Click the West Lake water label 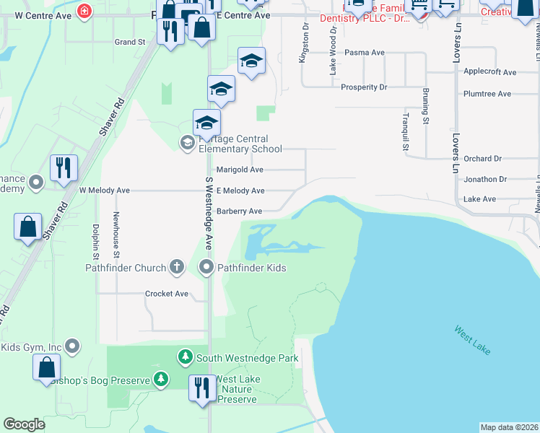tap(473, 340)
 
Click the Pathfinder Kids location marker tap(206, 268)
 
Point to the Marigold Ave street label tap(240, 170)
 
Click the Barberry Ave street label tap(239, 211)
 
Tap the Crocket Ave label tap(167, 294)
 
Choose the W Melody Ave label tap(104, 191)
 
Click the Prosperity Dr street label tap(364, 87)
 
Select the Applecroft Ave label tap(490, 72)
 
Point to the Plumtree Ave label tap(487, 94)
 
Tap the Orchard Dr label tap(483, 159)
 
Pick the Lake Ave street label tap(479, 199)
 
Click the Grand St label tap(130, 43)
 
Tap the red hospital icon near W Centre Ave tap(85, 12)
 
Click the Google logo tap(24, 424)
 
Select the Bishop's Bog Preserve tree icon tap(160, 379)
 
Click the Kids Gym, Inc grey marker tap(71, 347)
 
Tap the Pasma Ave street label tap(365, 53)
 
